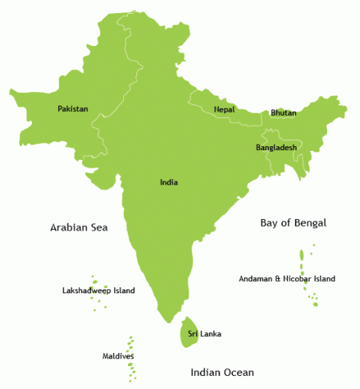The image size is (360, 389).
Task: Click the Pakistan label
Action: click(x=73, y=109)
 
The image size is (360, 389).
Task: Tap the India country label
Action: click(x=169, y=182)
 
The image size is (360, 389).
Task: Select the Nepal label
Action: click(x=224, y=110)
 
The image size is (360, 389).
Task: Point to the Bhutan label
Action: click(x=283, y=113)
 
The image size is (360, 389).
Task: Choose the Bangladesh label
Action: click(x=276, y=147)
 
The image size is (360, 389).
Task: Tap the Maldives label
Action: click(x=118, y=356)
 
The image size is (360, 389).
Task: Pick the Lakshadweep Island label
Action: click(x=98, y=290)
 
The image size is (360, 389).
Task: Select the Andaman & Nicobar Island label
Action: click(x=286, y=279)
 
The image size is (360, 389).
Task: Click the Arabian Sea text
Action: click(x=79, y=227)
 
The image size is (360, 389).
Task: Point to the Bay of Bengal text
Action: click(x=293, y=223)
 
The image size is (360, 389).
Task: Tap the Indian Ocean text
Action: click(x=222, y=373)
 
